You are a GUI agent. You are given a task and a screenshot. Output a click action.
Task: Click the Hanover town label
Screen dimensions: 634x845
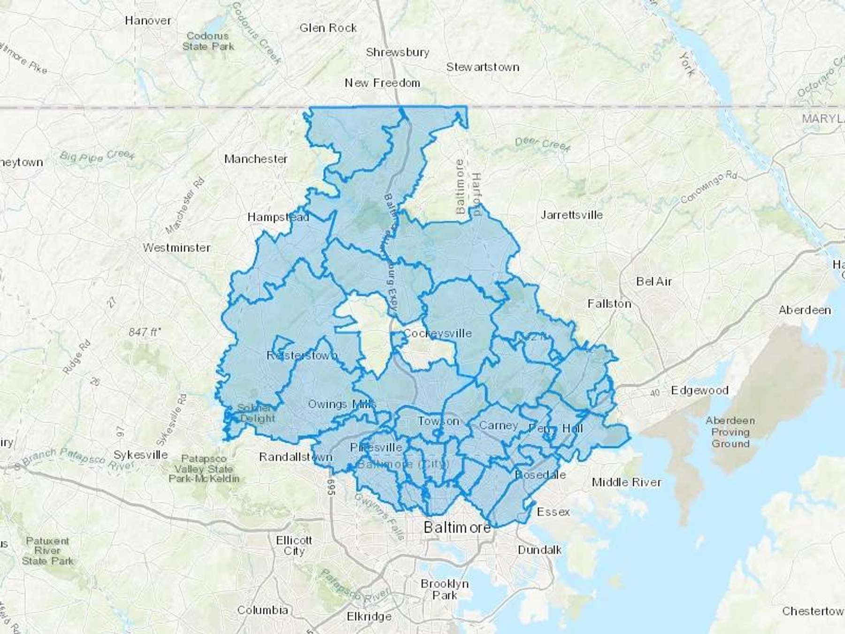pos(148,21)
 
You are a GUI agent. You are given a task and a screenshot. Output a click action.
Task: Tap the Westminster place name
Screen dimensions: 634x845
pos(177,247)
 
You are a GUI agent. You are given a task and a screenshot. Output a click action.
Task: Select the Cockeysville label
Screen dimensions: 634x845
pos(437,333)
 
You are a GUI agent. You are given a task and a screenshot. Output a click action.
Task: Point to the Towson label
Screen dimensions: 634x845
pos(438,421)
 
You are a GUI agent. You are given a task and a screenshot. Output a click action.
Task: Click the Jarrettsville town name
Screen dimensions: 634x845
pos(571,215)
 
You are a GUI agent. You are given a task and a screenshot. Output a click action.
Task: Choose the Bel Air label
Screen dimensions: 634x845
pos(654,281)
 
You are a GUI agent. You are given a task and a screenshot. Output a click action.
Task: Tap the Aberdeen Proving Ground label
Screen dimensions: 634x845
pos(730,432)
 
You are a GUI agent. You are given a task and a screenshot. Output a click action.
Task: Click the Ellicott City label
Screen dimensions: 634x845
pos(294,546)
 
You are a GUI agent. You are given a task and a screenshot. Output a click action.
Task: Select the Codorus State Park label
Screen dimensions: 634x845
pos(208,41)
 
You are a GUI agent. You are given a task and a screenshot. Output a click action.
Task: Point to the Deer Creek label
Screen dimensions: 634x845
pos(542,144)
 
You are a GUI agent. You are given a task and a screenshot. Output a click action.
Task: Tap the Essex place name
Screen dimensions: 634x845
pos(553,511)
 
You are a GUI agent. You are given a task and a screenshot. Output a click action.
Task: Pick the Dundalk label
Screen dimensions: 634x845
pos(539,549)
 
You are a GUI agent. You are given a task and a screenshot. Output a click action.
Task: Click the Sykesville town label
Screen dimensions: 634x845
pos(141,455)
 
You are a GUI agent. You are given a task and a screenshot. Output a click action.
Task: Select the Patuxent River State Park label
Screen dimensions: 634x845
pos(47,551)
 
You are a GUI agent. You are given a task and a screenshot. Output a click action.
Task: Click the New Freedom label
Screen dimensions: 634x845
pos(382,83)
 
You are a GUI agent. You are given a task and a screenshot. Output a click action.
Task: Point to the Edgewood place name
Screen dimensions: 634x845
pos(699,390)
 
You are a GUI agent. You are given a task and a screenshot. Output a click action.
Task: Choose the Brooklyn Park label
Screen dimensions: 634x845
pos(445,589)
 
